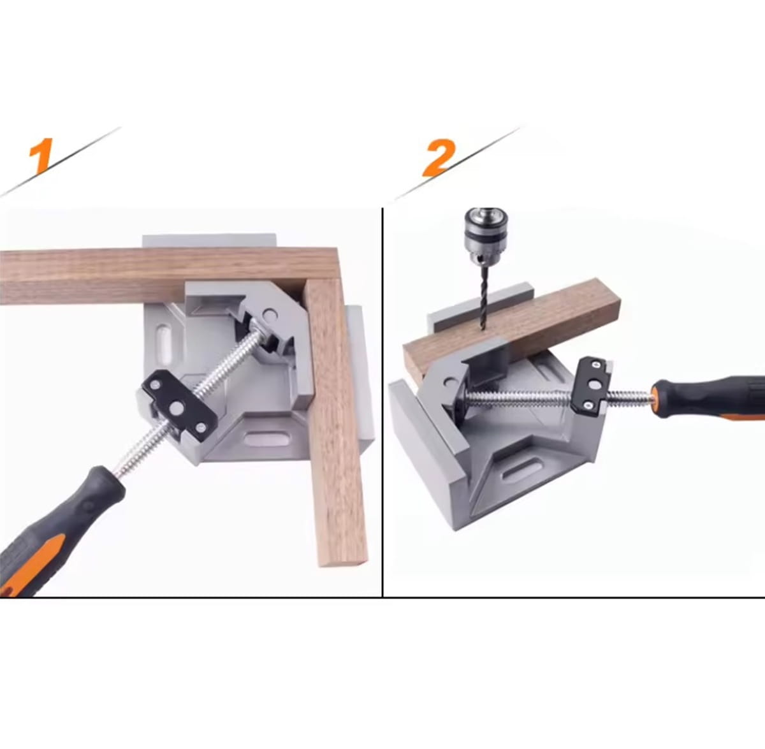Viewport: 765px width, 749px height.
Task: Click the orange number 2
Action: [x=437, y=157]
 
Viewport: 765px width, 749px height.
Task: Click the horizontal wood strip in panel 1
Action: [x=168, y=275]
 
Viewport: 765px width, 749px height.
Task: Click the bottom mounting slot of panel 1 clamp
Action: [x=266, y=440]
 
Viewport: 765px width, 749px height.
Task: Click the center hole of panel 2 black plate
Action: [x=594, y=385]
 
